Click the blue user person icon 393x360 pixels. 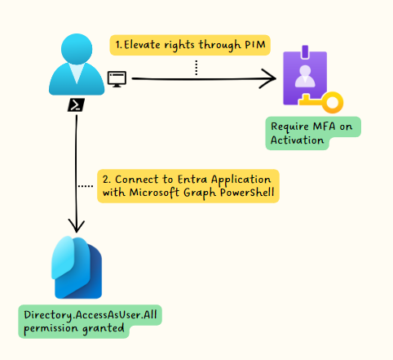[x=77, y=64]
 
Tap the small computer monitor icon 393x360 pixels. [x=117, y=79]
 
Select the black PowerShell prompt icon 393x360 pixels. [x=76, y=104]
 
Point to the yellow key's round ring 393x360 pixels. [x=333, y=103]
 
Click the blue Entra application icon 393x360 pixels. [x=77, y=268]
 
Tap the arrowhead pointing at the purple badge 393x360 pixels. [x=268, y=78]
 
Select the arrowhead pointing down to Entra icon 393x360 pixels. [x=77, y=226]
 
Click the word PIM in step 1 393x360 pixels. [x=255, y=45]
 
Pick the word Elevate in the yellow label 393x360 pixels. [x=142, y=45]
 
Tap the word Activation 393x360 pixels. [x=297, y=140]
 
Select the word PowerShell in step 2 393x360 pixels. [x=247, y=193]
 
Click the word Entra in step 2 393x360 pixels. [x=193, y=180]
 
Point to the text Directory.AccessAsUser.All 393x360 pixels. [x=91, y=315]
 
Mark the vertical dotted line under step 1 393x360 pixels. [x=196, y=68]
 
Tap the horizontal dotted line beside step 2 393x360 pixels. [x=86, y=186]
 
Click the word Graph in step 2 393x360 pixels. [x=201, y=193]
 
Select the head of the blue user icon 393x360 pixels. [x=77, y=49]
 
